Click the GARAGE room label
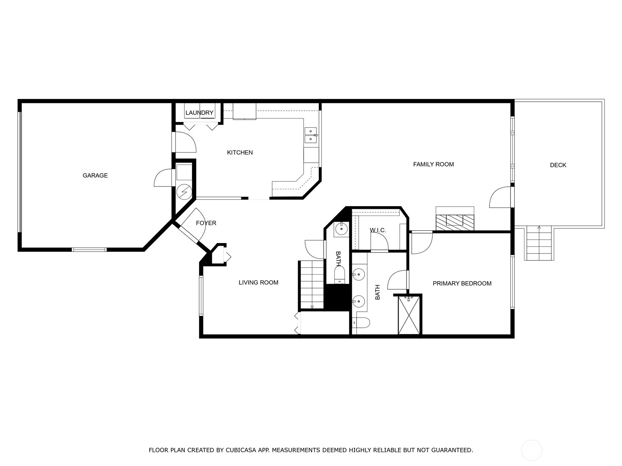click(x=95, y=176)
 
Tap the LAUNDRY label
click(x=199, y=113)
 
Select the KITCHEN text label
click(x=240, y=153)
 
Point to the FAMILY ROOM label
click(x=433, y=164)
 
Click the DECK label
click(x=558, y=165)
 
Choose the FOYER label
click(x=206, y=223)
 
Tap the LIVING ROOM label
click(x=259, y=282)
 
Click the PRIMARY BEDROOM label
click(x=462, y=283)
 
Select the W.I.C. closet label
click(x=378, y=230)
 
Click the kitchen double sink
click(x=311, y=135)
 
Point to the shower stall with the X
click(x=409, y=315)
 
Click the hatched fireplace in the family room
click(x=455, y=223)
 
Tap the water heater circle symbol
click(x=184, y=192)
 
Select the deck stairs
click(x=539, y=243)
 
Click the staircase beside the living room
click(x=312, y=284)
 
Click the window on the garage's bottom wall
click(x=89, y=250)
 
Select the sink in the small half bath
click(x=341, y=229)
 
